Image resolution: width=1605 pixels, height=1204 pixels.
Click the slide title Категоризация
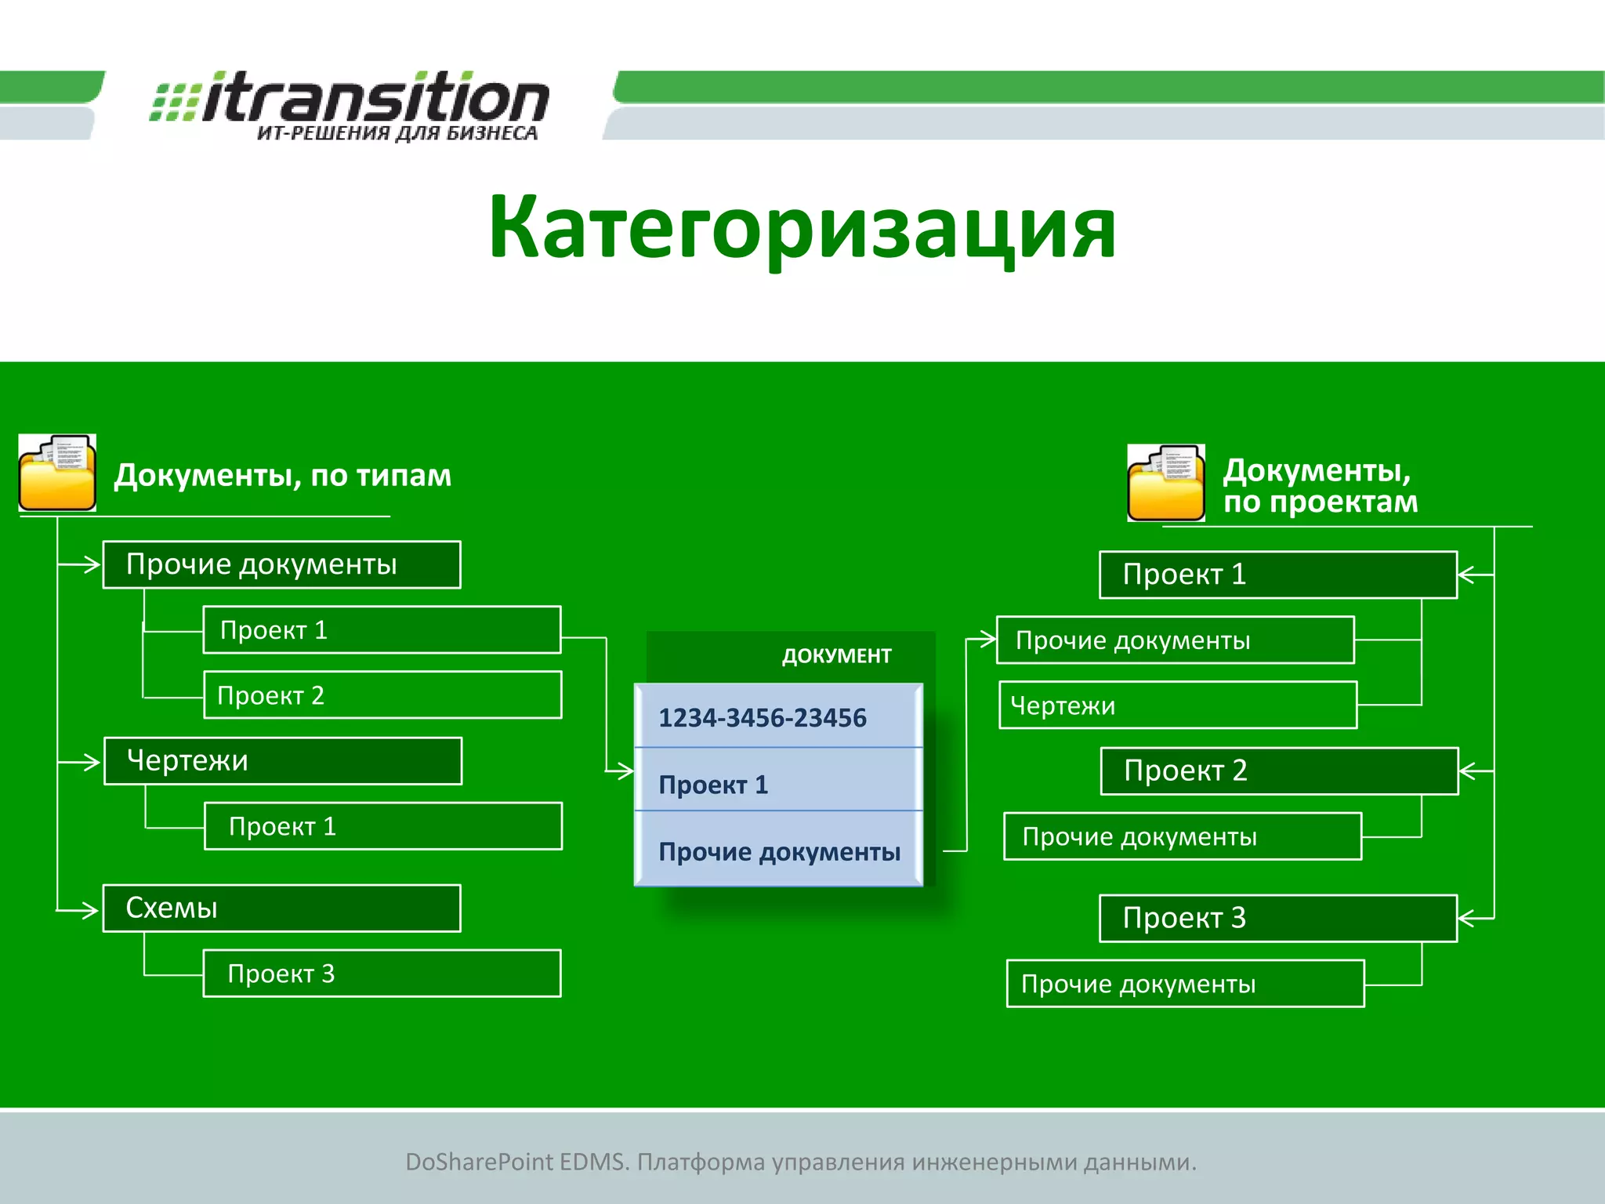click(802, 228)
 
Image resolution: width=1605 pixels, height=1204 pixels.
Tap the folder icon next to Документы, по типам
click(57, 473)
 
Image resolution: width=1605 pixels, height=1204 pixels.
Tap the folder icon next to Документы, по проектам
click(1166, 483)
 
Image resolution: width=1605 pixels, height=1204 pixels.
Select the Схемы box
click(281, 908)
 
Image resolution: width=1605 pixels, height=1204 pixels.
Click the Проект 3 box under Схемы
click(382, 974)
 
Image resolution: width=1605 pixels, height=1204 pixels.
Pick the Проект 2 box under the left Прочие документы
click(382, 695)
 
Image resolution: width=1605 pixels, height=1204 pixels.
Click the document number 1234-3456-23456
click(762, 718)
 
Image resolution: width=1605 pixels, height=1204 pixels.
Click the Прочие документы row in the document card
click(779, 852)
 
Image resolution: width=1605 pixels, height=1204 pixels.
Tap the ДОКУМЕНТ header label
click(836, 656)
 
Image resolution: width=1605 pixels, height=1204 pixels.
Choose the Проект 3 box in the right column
click(1278, 918)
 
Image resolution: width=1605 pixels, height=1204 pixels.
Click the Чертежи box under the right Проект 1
click(1178, 705)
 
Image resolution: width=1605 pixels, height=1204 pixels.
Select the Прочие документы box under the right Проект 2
click(1183, 837)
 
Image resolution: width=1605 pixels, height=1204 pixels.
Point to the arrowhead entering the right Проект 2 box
click(1468, 771)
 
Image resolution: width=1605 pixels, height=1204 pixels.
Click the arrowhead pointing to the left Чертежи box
click(92, 761)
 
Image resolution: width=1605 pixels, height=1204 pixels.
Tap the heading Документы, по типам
click(283, 476)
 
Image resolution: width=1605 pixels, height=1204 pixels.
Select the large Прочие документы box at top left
click(281, 564)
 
